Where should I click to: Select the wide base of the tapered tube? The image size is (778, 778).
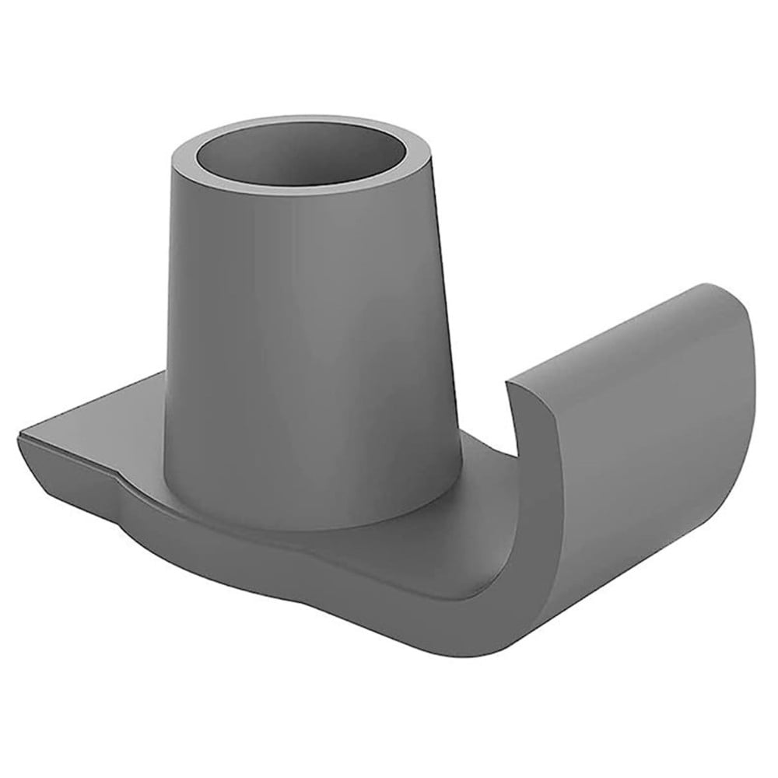tap(311, 498)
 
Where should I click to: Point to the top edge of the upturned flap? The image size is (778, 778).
tap(615, 331)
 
